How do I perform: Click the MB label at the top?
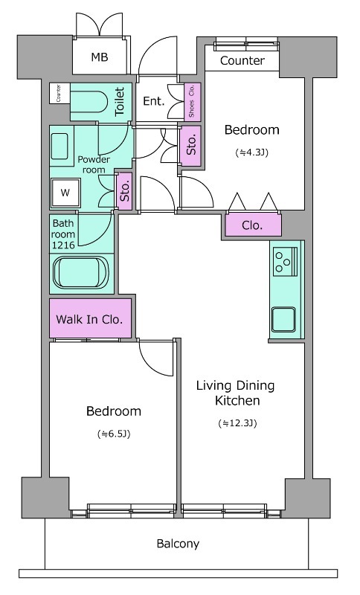pos(100,57)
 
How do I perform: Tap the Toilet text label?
pos(120,101)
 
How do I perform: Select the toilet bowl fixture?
pos(89,101)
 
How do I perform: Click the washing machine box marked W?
pos(65,193)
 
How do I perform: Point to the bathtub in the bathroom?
pos(81,272)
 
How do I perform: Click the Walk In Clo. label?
pos(89,319)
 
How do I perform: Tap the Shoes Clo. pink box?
pos(192,102)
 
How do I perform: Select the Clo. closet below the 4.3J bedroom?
pos(254,225)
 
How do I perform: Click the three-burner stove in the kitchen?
pos(286,261)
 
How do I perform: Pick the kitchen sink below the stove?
pos(283,320)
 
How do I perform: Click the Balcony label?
pos(178,544)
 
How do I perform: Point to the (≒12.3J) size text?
pos(237,422)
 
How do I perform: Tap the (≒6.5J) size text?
pos(114,434)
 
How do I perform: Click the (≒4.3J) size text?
pos(252,152)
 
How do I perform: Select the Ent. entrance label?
pos(154,101)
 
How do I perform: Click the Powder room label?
pos(94,164)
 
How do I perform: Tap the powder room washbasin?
pos(60,146)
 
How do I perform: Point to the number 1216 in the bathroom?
pos(63,245)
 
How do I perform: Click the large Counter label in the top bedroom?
pos(242,60)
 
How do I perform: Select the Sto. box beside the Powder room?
pos(124,191)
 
